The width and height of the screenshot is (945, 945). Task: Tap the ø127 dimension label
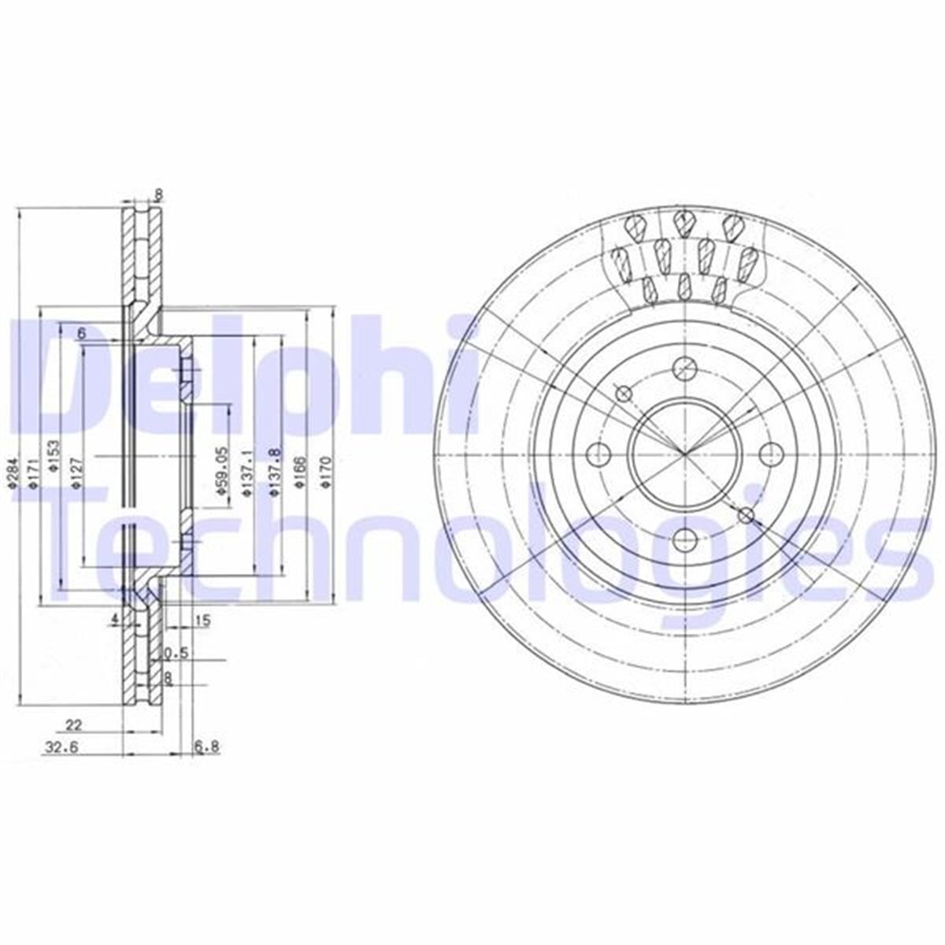point(76,474)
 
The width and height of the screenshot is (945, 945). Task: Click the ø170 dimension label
point(325,472)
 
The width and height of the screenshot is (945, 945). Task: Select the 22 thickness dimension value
point(74,724)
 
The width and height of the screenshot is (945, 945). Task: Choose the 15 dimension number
point(202,621)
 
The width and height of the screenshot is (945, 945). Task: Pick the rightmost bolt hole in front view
point(769,454)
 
